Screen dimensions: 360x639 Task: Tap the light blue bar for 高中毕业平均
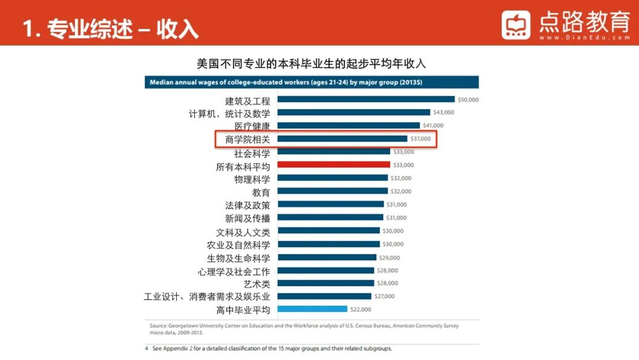pyautogui.click(x=312, y=309)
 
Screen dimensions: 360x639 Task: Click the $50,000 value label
pyautogui.click(x=468, y=99)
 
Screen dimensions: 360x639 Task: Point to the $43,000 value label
pyautogui.click(x=444, y=112)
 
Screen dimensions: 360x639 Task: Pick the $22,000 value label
pyautogui.click(x=360, y=309)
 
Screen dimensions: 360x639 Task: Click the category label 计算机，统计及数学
pyautogui.click(x=230, y=113)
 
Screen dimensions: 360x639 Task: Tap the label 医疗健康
pyautogui.click(x=252, y=126)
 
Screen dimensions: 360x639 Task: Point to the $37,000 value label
pyautogui.click(x=421, y=139)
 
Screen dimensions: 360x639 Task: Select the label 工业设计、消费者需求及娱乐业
pyautogui.click(x=207, y=297)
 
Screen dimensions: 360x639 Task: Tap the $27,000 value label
pyautogui.click(x=385, y=296)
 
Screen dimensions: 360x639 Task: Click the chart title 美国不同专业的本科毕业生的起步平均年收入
pyautogui.click(x=311, y=63)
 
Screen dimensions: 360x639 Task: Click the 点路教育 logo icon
pyautogui.click(x=516, y=25)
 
